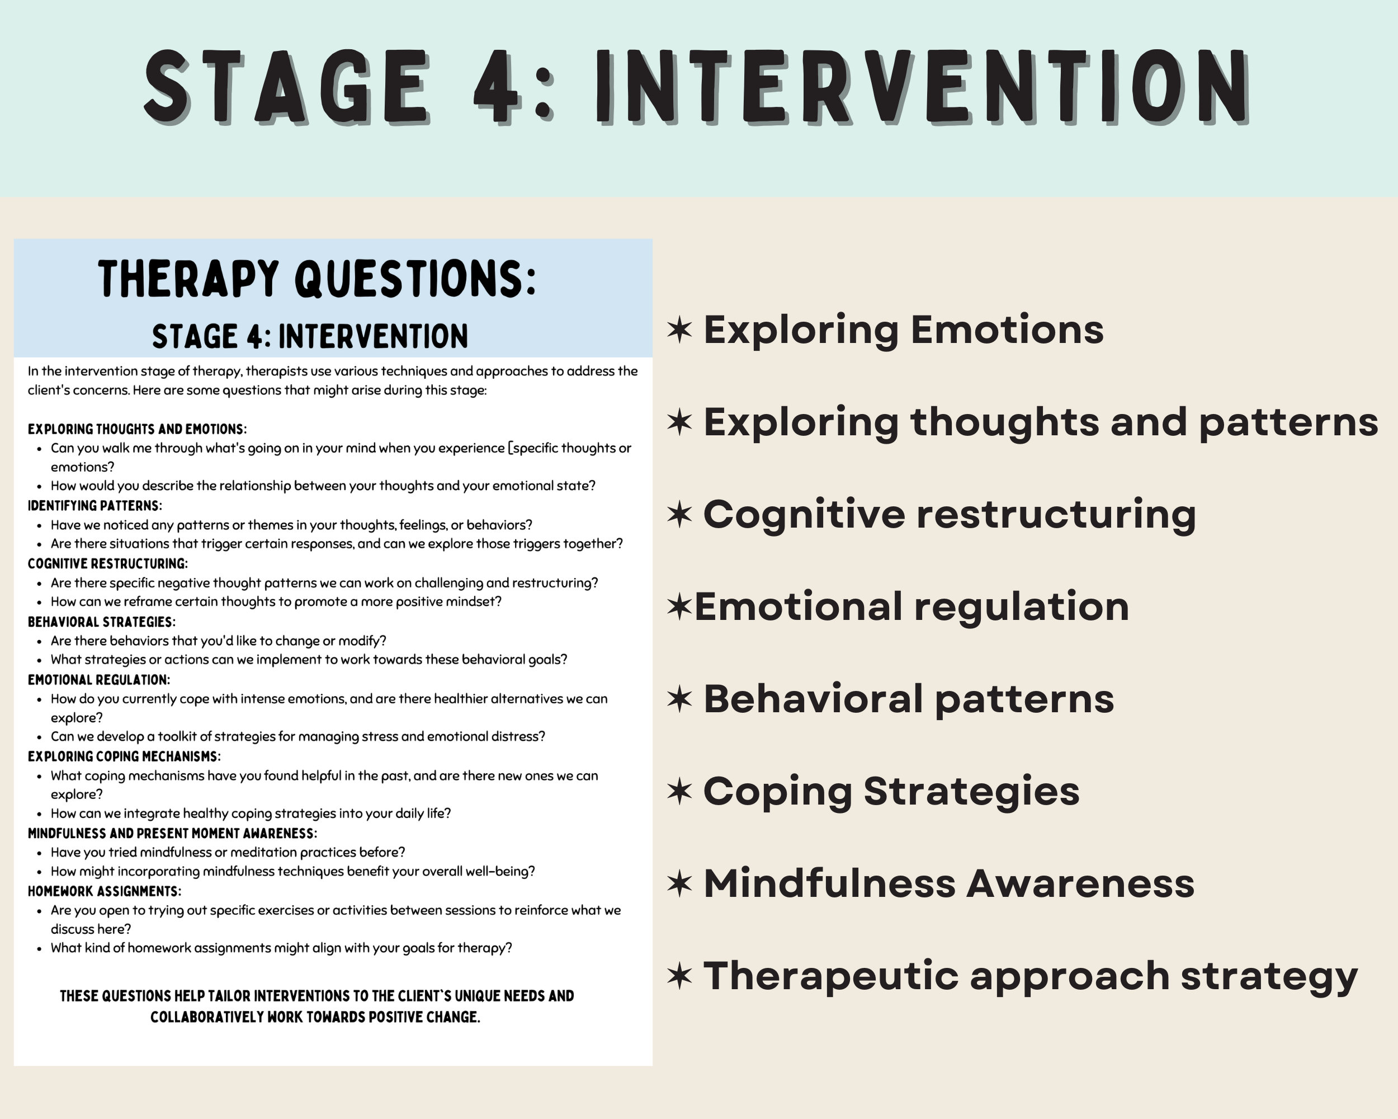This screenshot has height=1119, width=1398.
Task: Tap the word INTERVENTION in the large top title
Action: (921, 88)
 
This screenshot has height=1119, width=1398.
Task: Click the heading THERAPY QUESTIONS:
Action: (317, 279)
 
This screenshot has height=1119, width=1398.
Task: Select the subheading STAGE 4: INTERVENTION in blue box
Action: (310, 337)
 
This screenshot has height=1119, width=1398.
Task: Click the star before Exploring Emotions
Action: (679, 330)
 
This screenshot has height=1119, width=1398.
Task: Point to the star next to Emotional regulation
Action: (679, 607)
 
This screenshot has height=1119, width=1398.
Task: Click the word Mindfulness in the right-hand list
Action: (830, 883)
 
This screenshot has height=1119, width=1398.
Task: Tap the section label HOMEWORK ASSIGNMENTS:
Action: (105, 891)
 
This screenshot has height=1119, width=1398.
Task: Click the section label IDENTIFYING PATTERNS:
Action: (95, 505)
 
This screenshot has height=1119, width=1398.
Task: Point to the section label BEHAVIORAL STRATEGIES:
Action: (101, 622)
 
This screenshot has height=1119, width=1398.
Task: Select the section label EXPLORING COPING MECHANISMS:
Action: (124, 756)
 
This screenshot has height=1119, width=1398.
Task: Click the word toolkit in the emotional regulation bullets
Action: (177, 736)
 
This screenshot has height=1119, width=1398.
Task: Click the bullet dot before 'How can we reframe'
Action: (40, 603)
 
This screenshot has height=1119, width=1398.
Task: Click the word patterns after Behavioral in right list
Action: (1024, 699)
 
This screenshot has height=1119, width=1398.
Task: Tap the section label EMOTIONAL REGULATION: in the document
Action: (98, 680)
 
